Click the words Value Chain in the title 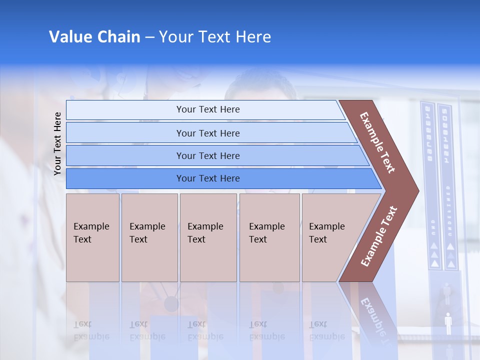94,37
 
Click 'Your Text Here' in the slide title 215,37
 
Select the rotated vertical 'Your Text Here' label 57,143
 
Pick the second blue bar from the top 207,133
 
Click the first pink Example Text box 92,237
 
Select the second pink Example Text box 149,237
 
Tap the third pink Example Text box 208,237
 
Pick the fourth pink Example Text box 269,237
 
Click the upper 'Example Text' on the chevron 377,142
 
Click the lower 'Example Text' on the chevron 379,236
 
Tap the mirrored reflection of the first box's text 91,330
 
